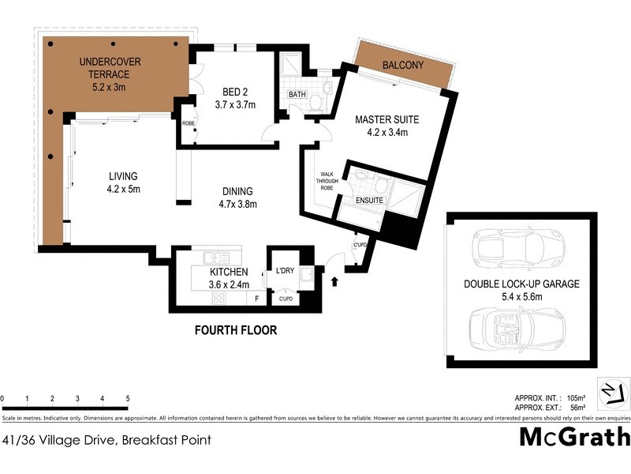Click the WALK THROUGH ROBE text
coord(328,182)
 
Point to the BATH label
coord(297,96)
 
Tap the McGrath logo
coord(573,437)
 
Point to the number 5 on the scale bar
coord(128,399)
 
